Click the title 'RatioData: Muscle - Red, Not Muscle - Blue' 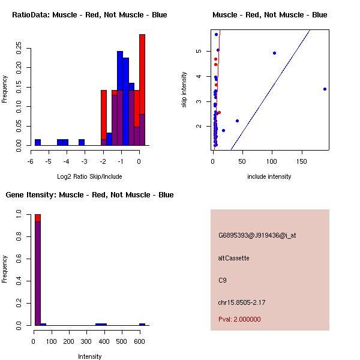pyautogui.click(x=89, y=14)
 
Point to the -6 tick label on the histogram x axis pyautogui.click(x=31, y=161)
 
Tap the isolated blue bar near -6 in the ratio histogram pyautogui.click(x=37, y=142)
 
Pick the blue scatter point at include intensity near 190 pyautogui.click(x=325, y=89)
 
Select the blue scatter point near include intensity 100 pyautogui.click(x=274, y=53)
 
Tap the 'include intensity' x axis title pyautogui.click(x=269, y=176)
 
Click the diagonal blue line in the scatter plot pyautogui.click(x=270, y=90)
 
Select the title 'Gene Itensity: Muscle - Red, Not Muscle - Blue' pyautogui.click(x=89, y=194)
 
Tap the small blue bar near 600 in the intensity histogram pyautogui.click(x=142, y=324)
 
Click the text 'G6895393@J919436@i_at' pyautogui.click(x=257, y=235)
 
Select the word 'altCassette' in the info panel pyautogui.click(x=233, y=258)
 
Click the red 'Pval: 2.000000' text pyautogui.click(x=239, y=319)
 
